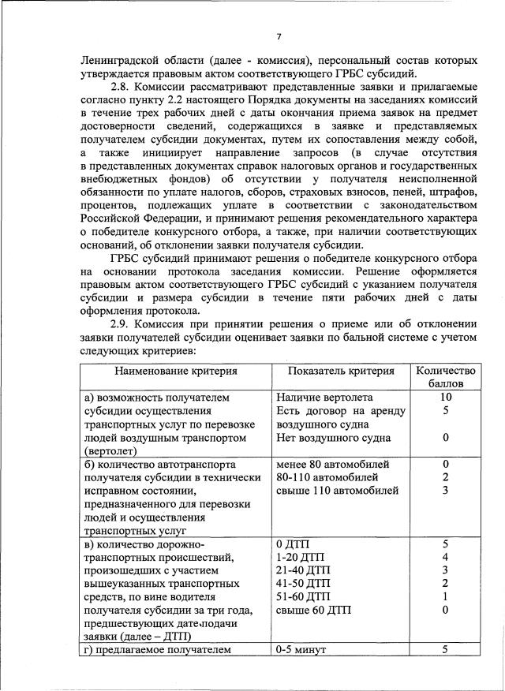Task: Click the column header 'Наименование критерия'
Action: coord(176,370)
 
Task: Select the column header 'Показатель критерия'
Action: coord(341,370)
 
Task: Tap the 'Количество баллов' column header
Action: coord(446,376)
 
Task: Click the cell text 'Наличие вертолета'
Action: coord(324,397)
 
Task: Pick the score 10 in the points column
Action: coord(446,397)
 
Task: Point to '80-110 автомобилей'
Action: coord(327,477)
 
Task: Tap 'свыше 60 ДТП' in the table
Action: coord(314,611)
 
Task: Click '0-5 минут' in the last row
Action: coord(301,649)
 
